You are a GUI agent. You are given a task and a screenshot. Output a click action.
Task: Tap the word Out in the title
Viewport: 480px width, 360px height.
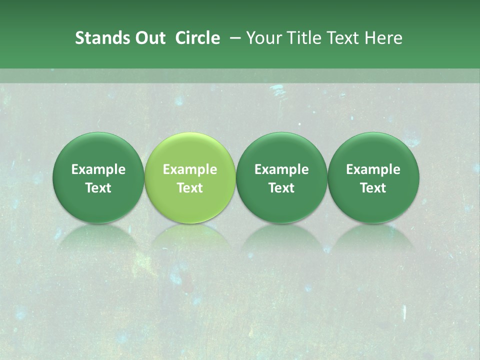pyautogui.click(x=149, y=38)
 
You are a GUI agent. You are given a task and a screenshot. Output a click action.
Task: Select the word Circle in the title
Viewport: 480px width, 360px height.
pyautogui.click(x=197, y=38)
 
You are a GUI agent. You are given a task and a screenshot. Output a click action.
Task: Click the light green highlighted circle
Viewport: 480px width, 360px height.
pyautogui.click(x=190, y=177)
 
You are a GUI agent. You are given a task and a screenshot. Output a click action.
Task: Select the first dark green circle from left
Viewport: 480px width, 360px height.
pyautogui.click(x=98, y=177)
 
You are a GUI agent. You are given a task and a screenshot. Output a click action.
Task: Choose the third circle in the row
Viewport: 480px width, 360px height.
pyautogui.click(x=281, y=177)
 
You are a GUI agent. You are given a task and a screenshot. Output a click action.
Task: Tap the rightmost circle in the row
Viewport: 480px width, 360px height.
pyautogui.click(x=373, y=177)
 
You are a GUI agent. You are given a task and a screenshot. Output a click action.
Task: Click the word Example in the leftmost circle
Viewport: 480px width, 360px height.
pyautogui.click(x=98, y=169)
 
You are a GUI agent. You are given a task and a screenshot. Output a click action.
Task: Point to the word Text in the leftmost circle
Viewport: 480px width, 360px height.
pyautogui.click(x=98, y=188)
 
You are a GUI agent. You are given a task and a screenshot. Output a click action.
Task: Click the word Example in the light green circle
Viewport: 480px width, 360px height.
pyautogui.click(x=190, y=169)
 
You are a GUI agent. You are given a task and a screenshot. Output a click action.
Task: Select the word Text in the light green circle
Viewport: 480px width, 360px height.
pyautogui.click(x=190, y=188)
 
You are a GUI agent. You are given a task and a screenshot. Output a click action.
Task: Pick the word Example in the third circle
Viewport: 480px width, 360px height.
pyautogui.click(x=281, y=169)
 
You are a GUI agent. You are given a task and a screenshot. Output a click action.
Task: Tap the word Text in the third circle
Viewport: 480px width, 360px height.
pyautogui.click(x=281, y=188)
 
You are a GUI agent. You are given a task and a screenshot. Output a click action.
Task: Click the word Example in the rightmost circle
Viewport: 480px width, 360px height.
pyautogui.click(x=373, y=169)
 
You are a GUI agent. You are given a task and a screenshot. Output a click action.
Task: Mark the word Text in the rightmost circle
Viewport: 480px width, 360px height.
pyautogui.click(x=373, y=188)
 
